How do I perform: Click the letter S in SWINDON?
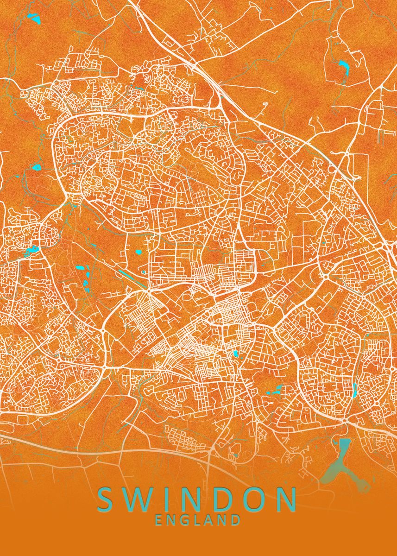coord(107,499)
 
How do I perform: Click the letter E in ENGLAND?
coord(159,520)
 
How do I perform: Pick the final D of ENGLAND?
coord(235,520)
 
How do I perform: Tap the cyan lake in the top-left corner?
coord(34,19)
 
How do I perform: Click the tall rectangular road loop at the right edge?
coord(361,167)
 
